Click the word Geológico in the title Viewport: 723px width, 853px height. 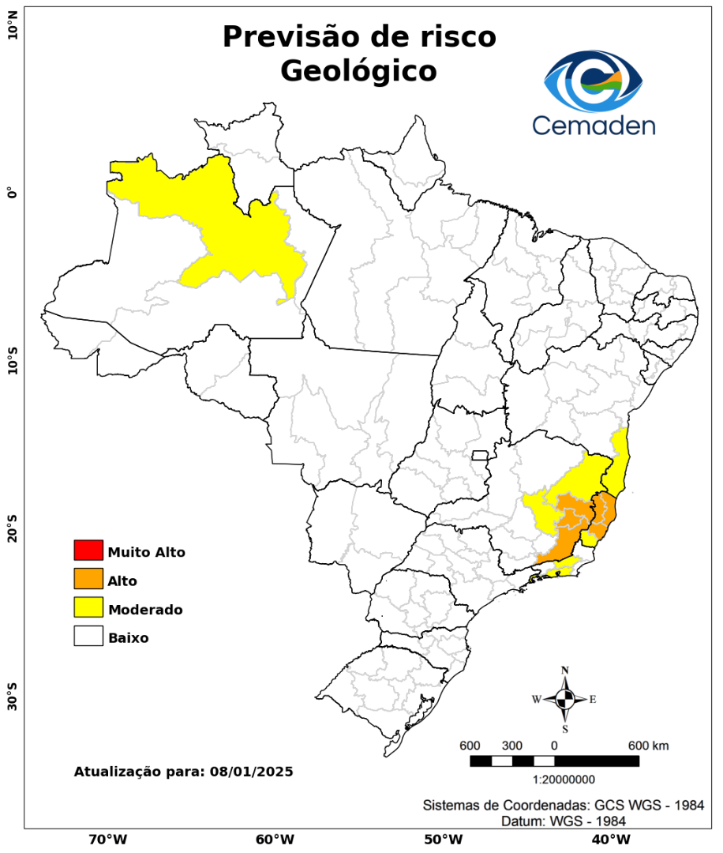pyautogui.click(x=358, y=71)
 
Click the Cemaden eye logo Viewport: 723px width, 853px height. pyautogui.click(x=594, y=81)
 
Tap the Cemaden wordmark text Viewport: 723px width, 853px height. pyautogui.click(x=594, y=125)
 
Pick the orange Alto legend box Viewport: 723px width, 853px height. pyautogui.click(x=88, y=579)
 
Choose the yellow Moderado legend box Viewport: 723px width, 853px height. pyautogui.click(x=88, y=607)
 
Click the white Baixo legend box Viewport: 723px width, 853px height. pyautogui.click(x=88, y=636)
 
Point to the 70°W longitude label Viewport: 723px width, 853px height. pyautogui.click(x=107, y=839)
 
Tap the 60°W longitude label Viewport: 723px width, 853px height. pyautogui.click(x=275, y=839)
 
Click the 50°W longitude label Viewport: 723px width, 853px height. pyautogui.click(x=442, y=839)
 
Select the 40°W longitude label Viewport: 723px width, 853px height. pyautogui.click(x=609, y=839)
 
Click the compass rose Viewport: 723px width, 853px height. pyautogui.click(x=565, y=699)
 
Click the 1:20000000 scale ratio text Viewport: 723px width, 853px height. pyautogui.click(x=564, y=780)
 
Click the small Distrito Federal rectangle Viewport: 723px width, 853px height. pyautogui.click(x=480, y=455)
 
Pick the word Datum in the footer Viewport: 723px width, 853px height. pyautogui.click(x=521, y=821)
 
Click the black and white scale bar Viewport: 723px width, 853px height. pyautogui.click(x=554, y=761)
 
